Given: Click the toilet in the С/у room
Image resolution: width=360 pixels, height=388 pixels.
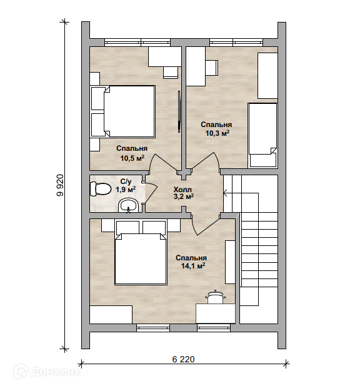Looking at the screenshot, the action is coord(100,189).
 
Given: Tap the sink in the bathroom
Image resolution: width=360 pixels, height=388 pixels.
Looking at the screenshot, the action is coord(128,206).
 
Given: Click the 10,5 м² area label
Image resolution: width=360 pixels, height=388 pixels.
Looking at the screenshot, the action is coord(132,158).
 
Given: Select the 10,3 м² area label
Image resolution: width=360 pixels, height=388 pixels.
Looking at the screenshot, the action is coord(217,133).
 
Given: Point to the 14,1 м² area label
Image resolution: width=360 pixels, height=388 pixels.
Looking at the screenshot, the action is coord(193,266).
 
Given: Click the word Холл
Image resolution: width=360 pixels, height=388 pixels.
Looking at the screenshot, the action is coord(182,190).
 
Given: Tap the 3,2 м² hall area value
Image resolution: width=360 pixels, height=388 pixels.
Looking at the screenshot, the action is coord(183,197).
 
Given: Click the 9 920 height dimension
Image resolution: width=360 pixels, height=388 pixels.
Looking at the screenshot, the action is coord(60,185).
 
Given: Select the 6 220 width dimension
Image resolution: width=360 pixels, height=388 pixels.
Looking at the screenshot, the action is coord(183,359).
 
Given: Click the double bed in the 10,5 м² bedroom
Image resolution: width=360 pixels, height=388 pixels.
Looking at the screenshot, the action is coord(123,111).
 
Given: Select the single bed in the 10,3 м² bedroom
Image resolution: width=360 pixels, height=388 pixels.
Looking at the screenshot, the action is coord(262,135).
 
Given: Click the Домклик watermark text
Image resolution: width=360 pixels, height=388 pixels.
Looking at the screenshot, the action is coord(56,372).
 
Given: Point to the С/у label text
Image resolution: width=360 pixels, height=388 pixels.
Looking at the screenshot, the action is coord(126,182).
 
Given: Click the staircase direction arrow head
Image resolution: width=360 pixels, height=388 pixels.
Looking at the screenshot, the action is coord(226,192).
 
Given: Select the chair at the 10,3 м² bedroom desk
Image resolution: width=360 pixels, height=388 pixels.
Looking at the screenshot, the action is coord(212,68).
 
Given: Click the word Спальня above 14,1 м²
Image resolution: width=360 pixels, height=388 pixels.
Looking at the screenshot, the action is coord(191,258).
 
